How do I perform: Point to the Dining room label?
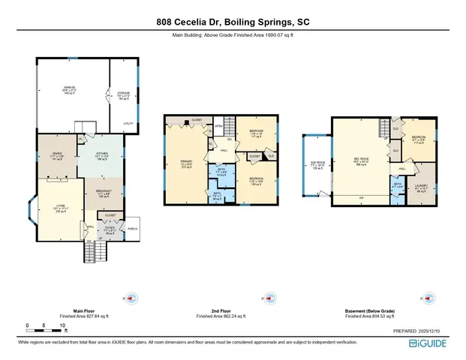tap(56, 153)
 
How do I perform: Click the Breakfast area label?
tap(104, 190)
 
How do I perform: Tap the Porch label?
tap(133, 228)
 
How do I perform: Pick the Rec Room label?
tap(359, 158)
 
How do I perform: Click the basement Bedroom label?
tap(418, 136)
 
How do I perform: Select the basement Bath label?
tap(398, 182)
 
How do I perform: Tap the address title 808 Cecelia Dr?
tap(233, 22)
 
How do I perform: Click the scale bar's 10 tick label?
tap(65, 325)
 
